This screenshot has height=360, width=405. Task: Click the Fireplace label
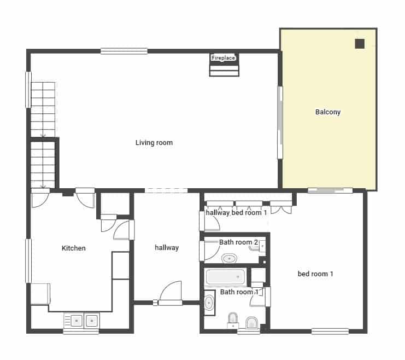(x=223, y=57)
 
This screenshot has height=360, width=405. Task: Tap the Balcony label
(x=328, y=112)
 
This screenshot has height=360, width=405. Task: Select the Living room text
(x=154, y=143)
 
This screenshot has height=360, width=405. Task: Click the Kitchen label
(x=73, y=248)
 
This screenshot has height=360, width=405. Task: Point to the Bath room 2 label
(x=239, y=242)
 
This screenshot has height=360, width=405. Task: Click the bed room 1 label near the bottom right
(x=315, y=274)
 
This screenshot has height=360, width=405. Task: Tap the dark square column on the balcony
(x=360, y=44)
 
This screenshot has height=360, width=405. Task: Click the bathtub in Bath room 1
(x=225, y=277)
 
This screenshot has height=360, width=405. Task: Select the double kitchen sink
(x=81, y=320)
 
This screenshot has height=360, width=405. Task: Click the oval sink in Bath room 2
(x=228, y=258)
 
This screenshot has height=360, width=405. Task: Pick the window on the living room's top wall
(x=124, y=51)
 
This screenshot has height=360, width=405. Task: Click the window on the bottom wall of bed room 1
(x=330, y=331)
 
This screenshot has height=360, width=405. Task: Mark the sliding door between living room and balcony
(x=280, y=123)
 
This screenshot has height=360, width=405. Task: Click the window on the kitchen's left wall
(x=28, y=260)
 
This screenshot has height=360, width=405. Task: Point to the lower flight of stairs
(x=43, y=164)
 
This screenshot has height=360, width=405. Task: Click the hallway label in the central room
(x=167, y=248)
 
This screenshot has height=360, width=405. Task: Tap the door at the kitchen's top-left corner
(x=39, y=198)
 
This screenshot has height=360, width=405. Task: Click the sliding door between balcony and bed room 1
(x=330, y=190)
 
